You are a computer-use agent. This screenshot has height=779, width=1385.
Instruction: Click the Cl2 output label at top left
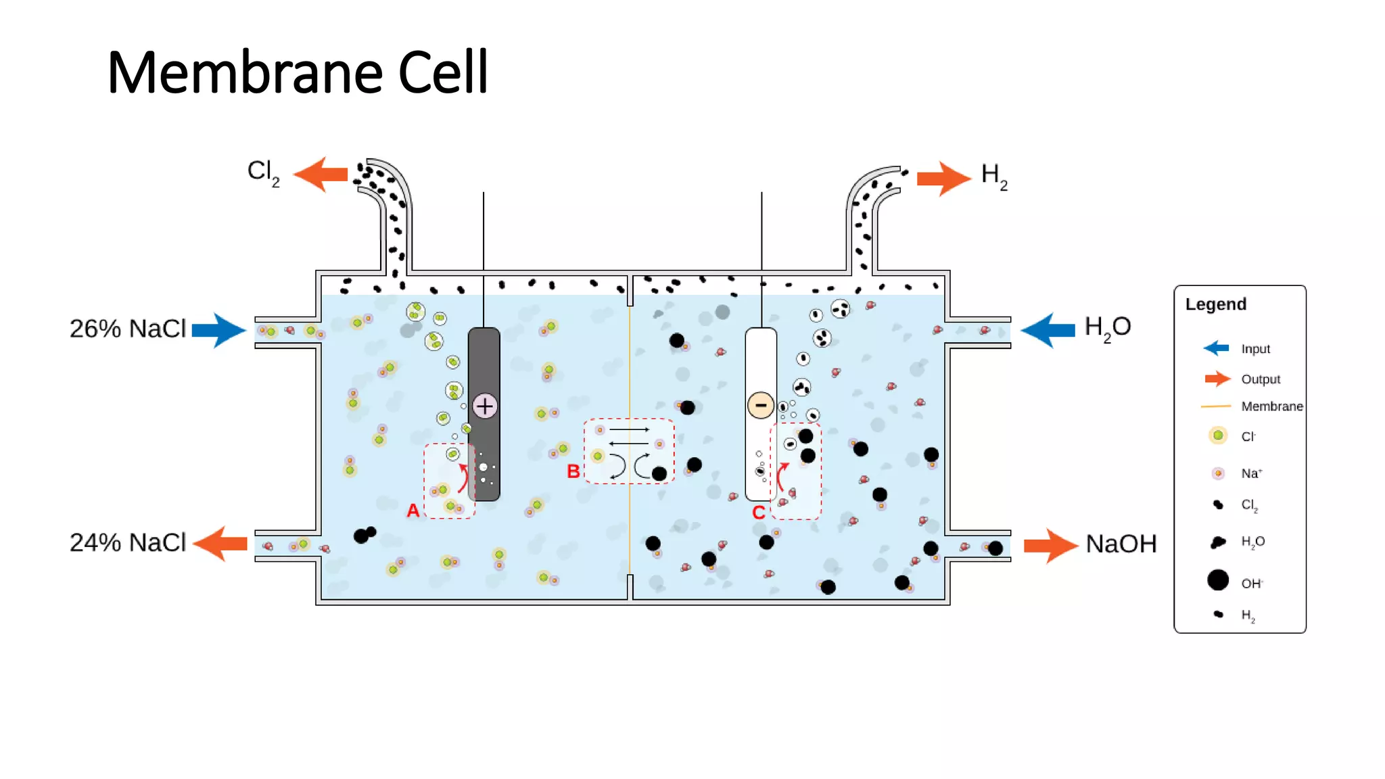click(x=263, y=173)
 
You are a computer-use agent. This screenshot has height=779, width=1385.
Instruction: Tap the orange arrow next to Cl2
click(x=320, y=174)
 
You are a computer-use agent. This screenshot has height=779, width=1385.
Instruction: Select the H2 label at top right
click(x=995, y=176)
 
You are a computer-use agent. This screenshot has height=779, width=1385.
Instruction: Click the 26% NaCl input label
click(x=128, y=329)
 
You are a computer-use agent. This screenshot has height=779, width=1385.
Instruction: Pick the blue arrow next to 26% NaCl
click(x=219, y=330)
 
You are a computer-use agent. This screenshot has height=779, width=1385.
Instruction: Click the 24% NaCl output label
click(x=128, y=542)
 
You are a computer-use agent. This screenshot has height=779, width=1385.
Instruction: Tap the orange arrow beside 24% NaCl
click(x=220, y=544)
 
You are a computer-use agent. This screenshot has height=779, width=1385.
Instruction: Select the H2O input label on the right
click(x=1108, y=328)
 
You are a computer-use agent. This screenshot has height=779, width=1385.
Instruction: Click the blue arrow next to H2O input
click(x=1048, y=330)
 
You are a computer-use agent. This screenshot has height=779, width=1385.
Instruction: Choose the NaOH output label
click(x=1121, y=544)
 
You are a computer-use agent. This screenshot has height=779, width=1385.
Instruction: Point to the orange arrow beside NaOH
click(x=1051, y=546)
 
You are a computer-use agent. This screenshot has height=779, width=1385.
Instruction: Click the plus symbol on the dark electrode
click(x=485, y=406)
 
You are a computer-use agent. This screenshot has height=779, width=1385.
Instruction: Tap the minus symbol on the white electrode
click(x=761, y=405)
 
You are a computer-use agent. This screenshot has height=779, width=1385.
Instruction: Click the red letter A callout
click(x=413, y=511)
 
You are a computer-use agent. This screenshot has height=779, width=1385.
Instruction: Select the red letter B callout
click(x=573, y=471)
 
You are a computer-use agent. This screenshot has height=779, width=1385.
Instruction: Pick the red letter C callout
click(x=759, y=513)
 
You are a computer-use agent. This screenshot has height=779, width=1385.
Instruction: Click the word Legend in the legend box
click(x=1216, y=304)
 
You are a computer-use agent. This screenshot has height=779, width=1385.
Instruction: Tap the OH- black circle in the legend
click(x=1218, y=580)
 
